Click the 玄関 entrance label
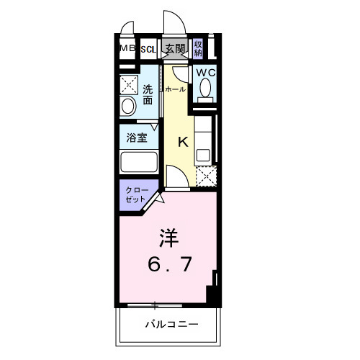[x=175, y=49]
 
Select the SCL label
[x=148, y=49]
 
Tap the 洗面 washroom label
[x=147, y=95]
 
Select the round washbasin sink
[x=128, y=107]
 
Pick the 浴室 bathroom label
[x=138, y=137]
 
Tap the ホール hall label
[x=175, y=89]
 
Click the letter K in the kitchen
[x=183, y=141]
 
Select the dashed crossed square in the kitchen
[x=205, y=176]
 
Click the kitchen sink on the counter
[x=204, y=153]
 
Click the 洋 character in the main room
[x=168, y=238]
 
